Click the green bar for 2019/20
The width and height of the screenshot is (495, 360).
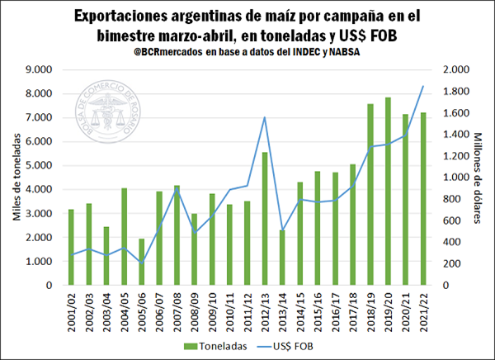click(x=387, y=192)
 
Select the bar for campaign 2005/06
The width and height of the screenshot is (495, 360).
click(x=141, y=262)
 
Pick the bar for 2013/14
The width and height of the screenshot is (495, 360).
click(x=282, y=258)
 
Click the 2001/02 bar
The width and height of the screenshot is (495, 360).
click(x=71, y=247)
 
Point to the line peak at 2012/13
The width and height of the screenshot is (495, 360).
click(x=265, y=117)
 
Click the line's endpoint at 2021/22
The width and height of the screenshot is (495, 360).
click(x=422, y=86)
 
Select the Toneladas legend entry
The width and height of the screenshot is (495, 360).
click(x=215, y=348)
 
